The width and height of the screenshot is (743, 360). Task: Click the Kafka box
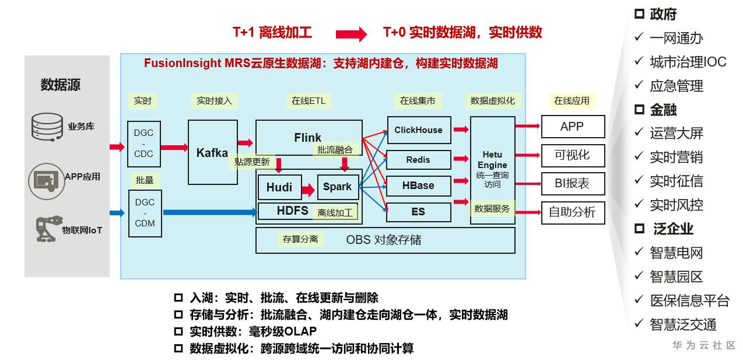(x=212, y=152)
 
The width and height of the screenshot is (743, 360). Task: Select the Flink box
(x=308, y=138)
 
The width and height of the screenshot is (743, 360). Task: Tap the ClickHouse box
(x=418, y=130)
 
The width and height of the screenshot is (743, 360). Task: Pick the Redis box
(x=418, y=160)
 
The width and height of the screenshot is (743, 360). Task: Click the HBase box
(x=418, y=186)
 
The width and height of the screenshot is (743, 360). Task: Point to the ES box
(x=418, y=212)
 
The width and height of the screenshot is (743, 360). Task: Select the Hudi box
(x=279, y=187)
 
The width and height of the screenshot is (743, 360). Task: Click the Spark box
(x=337, y=187)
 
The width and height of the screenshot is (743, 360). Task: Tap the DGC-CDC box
(x=144, y=144)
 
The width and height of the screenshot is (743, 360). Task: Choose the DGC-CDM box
(x=145, y=213)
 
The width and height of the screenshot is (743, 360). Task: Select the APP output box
(x=572, y=127)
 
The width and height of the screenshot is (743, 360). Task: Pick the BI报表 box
(x=572, y=183)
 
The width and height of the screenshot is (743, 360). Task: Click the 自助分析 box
(x=572, y=212)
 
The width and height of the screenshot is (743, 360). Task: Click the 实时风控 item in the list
(x=677, y=205)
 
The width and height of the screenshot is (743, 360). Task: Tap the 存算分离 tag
(x=300, y=239)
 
